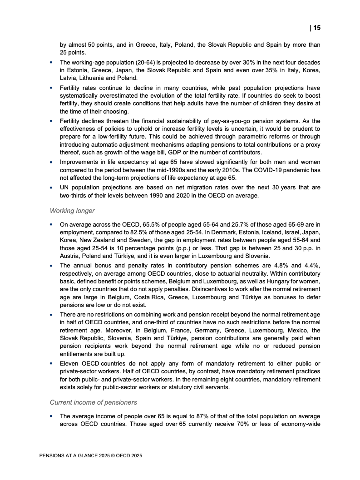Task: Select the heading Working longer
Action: pyautogui.click(x=72, y=210)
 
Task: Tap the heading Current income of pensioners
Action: pyautogui.click(x=93, y=402)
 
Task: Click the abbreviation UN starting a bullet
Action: pyautogui.click(x=64, y=188)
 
